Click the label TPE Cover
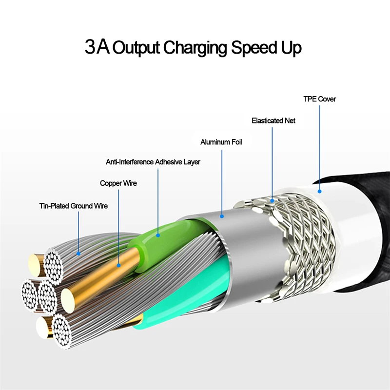click(319, 99)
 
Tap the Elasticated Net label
click(273, 120)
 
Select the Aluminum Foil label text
click(221, 142)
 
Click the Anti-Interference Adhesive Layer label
click(153, 162)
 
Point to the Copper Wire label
click(118, 183)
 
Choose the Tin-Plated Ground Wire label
click(73, 206)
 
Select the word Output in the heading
click(137, 48)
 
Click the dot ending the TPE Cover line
click(320, 192)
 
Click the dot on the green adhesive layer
click(158, 235)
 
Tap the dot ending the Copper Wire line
click(118, 266)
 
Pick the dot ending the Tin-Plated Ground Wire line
click(79, 253)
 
